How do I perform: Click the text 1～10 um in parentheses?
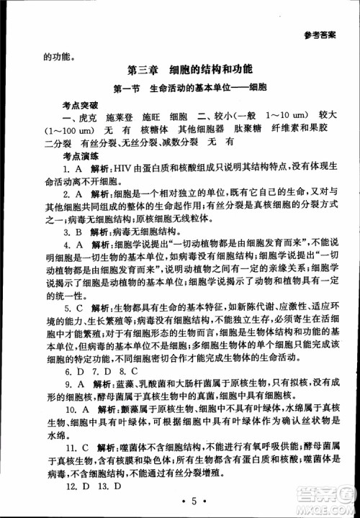pos(287,117)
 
